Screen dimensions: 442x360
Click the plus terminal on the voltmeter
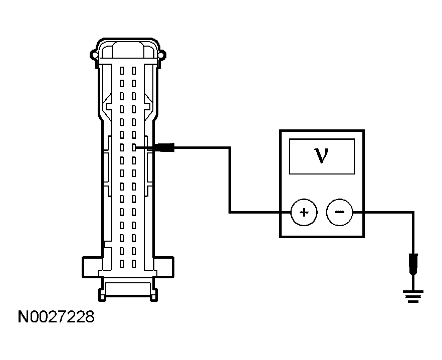(304, 212)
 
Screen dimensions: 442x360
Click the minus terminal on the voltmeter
(339, 212)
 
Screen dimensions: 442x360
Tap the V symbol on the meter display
(321, 156)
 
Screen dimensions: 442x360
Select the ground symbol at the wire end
(413, 296)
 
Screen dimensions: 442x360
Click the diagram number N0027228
(56, 316)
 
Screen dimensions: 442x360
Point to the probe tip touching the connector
(136, 147)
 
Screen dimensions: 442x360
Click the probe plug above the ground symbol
(413, 264)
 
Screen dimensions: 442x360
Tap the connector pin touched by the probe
(134, 147)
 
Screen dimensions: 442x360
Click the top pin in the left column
(122, 71)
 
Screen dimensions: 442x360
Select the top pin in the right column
(134, 71)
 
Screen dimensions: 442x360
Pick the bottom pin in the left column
(122, 264)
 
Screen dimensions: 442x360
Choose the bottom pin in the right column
(134, 264)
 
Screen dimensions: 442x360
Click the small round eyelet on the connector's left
(93, 55)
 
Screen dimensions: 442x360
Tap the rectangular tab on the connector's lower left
(92, 267)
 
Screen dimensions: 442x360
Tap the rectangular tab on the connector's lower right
(164, 267)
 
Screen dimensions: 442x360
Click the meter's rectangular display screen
(322, 156)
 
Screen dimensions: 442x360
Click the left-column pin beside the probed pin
(122, 147)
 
